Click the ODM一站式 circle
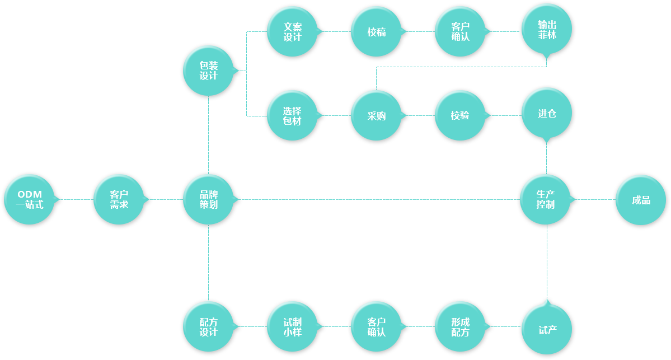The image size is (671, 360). point(30,199)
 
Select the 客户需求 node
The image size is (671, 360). point(119,199)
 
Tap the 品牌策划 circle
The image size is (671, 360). point(208,199)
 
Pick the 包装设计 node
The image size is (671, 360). point(208,71)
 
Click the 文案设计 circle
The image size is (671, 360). point(292,31)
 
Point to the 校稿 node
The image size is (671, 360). point(376,31)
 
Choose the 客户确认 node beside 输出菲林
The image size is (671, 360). point(460,31)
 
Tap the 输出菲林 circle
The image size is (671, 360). point(546,29)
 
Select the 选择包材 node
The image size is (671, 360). point(292,115)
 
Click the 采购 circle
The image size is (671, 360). point(376,115)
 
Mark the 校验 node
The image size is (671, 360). point(460,115)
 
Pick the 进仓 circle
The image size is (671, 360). point(546,113)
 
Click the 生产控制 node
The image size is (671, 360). point(545,199)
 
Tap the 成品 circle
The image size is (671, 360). point(641,200)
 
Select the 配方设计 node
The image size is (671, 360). point(208,326)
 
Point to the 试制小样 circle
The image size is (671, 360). point(292,326)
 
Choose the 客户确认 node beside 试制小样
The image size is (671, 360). point(376,326)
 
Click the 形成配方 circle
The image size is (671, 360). point(460,326)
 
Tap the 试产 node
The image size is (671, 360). point(546,329)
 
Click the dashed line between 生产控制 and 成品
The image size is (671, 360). point(595,199)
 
